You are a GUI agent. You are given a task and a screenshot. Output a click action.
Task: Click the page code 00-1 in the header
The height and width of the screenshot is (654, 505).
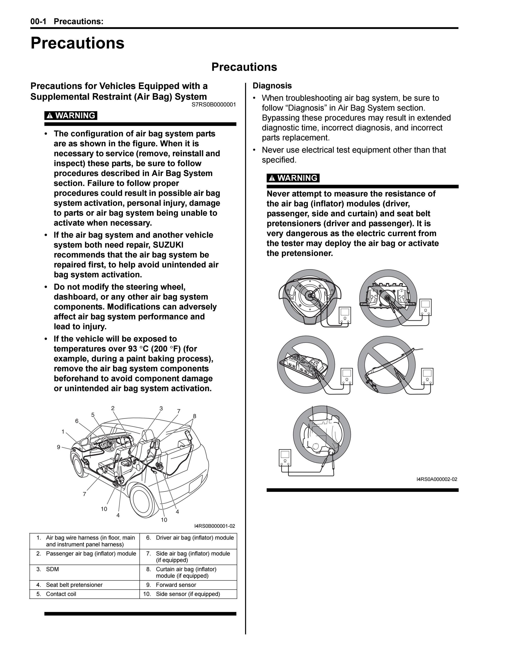pyautogui.click(x=38, y=22)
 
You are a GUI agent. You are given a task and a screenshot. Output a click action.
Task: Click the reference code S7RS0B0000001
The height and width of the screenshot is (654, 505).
pyautogui.click(x=214, y=104)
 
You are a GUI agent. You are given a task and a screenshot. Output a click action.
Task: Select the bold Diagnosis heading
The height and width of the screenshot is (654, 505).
pyautogui.click(x=272, y=86)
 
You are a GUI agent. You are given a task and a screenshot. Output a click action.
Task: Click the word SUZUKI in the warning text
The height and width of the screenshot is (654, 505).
pyautogui.click(x=168, y=245)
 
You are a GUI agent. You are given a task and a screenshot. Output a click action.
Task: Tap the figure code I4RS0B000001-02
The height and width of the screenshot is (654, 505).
pyautogui.click(x=215, y=526)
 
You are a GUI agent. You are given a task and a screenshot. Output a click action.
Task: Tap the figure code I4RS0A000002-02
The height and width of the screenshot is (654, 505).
pyautogui.click(x=437, y=479)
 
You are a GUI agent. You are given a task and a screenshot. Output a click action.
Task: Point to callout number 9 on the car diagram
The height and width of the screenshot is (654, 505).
pyautogui.click(x=59, y=447)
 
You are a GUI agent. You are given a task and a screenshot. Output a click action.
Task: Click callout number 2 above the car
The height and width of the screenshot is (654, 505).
pyautogui.click(x=113, y=408)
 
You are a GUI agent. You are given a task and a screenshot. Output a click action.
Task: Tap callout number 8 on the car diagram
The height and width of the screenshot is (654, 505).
pyautogui.click(x=195, y=416)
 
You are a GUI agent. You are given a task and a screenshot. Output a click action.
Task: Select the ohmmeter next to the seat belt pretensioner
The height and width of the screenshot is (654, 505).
pyautogui.click(x=285, y=458)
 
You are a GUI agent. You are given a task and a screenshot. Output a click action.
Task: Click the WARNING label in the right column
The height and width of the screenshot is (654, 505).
pyautogui.click(x=293, y=178)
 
